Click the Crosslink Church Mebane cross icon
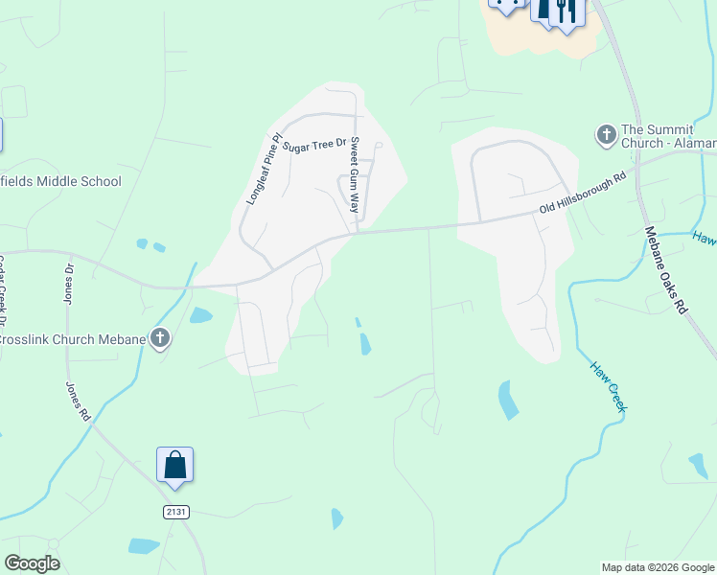coord(160,338)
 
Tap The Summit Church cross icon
coord(606,135)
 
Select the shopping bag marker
coord(175,466)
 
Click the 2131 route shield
coord(175,512)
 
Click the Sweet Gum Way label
coord(355,176)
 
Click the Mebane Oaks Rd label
coord(666,269)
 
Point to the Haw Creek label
coord(608,386)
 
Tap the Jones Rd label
coord(78,402)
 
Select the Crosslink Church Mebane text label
coord(71,339)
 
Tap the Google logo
coord(32,563)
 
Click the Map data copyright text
coord(658,567)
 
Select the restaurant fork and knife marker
coord(566,11)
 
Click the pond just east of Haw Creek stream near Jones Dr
coord(200,315)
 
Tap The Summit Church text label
coord(667,136)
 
